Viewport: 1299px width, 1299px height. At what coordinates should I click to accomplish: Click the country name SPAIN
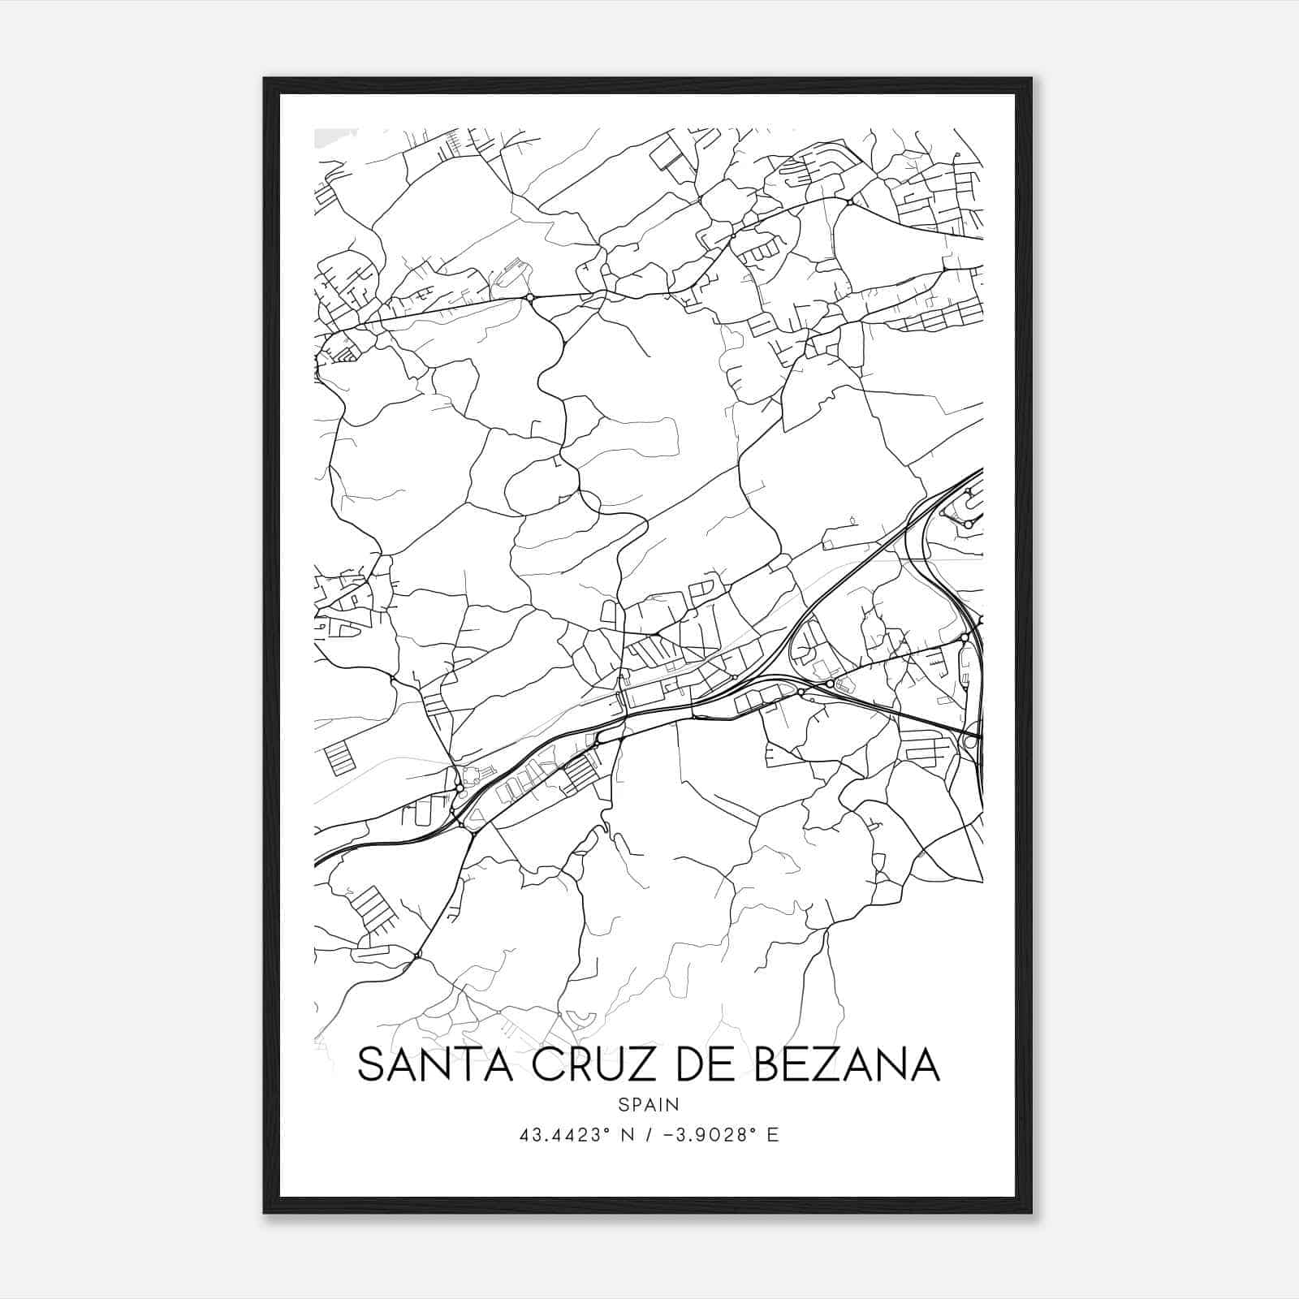coord(649,1104)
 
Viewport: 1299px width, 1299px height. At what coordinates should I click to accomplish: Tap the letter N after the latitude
coord(628,1135)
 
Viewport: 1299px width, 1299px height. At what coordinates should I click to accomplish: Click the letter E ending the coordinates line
coord(773,1135)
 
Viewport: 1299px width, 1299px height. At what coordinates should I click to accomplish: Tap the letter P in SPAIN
coord(636,1104)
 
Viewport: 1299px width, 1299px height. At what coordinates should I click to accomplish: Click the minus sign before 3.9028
coord(667,1135)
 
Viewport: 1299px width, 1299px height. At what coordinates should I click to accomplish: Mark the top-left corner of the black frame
coord(265,80)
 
